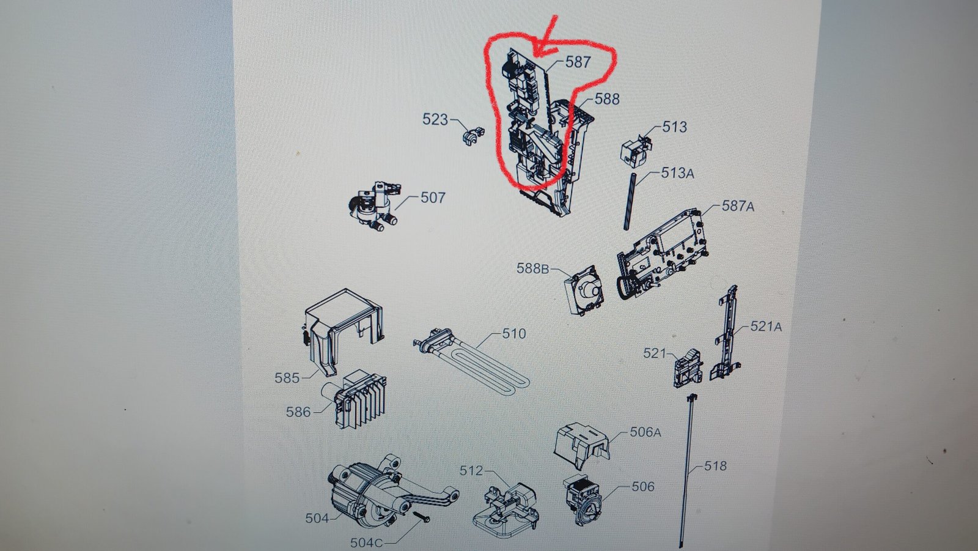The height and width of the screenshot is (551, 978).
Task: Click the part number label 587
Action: point(578,62)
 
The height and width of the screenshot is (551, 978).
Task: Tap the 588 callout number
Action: point(607,99)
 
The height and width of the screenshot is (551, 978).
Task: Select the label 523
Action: point(435,119)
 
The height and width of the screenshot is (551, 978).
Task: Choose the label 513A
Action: point(677,173)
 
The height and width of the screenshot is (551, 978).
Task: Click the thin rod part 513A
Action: point(630,201)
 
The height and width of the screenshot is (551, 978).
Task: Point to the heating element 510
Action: point(471,363)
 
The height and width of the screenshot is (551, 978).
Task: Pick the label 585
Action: point(287,378)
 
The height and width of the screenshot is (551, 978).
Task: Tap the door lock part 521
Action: point(688,368)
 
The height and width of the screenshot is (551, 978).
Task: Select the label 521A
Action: point(766,327)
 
